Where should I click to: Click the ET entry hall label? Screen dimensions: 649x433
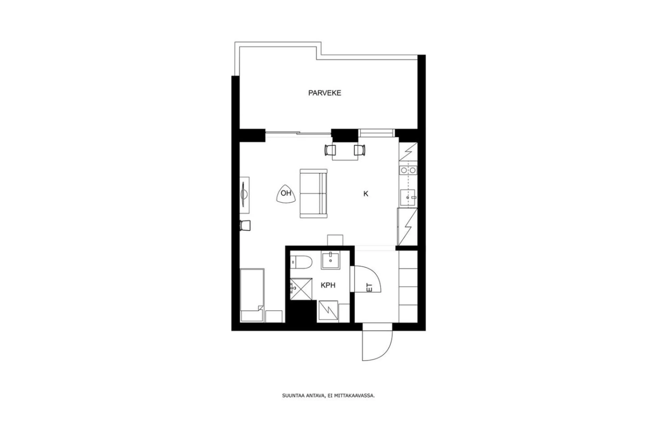tap(370, 288)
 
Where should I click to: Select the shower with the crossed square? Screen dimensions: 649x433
tap(301, 289)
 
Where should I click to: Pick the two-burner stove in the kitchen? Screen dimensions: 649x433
tap(408, 170)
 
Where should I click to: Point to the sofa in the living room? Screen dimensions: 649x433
tap(314, 193)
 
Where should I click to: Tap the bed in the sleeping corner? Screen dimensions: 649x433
tap(252, 295)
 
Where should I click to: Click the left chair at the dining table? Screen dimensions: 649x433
tap(330, 150)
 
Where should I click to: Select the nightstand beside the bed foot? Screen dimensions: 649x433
tap(274, 316)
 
